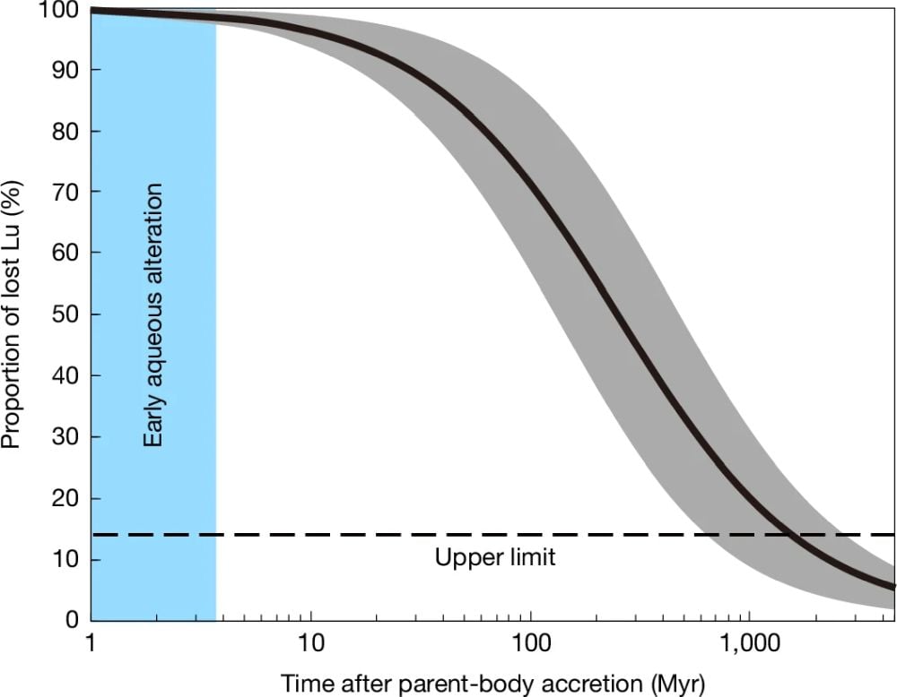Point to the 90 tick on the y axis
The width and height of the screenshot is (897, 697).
coord(62,71)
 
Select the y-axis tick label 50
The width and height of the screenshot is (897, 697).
coord(62,315)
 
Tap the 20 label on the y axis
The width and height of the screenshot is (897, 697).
coord(62,498)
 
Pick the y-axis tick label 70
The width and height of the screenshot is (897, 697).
coord(62,193)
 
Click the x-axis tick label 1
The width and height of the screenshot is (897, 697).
coord(92,643)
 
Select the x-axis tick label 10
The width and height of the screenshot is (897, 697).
coord(310,643)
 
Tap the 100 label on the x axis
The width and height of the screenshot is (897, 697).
coord(530,643)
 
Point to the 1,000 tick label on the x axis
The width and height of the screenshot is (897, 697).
coord(749,643)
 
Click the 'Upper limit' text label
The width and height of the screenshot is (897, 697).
coord(495,558)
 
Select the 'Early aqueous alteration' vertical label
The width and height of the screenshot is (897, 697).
coord(153,314)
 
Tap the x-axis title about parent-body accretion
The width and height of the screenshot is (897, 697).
coord(493,682)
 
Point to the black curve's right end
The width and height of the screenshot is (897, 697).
coord(893,588)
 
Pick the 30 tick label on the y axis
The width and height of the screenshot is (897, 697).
coord(62,437)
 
